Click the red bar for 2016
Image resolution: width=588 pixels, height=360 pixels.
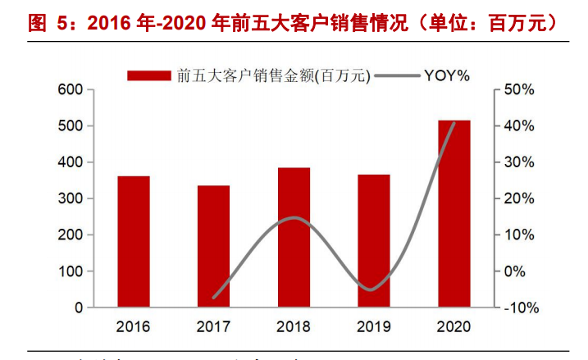pyautogui.click(x=134, y=242)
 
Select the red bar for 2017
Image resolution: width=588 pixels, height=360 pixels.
pyautogui.click(x=213, y=247)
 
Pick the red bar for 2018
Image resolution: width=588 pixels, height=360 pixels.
pyautogui.click(x=294, y=238)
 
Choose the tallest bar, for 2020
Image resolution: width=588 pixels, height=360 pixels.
pyautogui.click(x=454, y=214)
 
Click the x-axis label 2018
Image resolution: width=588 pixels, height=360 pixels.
pyautogui.click(x=294, y=326)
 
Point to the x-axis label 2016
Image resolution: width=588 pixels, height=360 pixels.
pyautogui.click(x=134, y=326)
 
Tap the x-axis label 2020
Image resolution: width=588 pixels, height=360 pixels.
pyautogui.click(x=454, y=326)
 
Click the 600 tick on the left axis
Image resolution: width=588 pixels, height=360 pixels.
pyautogui.click(x=70, y=89)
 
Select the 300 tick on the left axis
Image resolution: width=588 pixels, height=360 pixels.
pyautogui.click(x=70, y=198)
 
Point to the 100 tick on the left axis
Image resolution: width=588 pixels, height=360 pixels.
pyautogui.click(x=70, y=271)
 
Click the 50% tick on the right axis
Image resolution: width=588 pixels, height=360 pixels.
pyautogui.click(x=518, y=89)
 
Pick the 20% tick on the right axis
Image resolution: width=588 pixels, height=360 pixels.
pyautogui.click(x=518, y=198)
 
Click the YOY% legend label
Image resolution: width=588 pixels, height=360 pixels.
pyautogui.click(x=446, y=75)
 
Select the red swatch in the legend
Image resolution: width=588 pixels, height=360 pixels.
pyautogui.click(x=148, y=75)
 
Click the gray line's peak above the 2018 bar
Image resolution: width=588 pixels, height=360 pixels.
pyautogui.click(x=294, y=218)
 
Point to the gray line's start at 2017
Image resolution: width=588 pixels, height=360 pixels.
pyautogui.click(x=213, y=297)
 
